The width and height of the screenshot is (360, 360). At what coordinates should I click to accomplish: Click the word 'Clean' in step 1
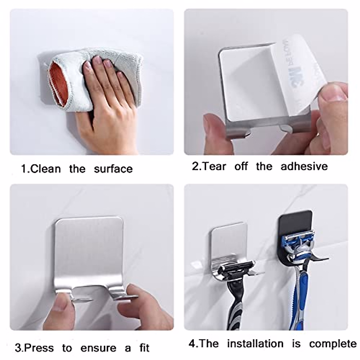[45, 169]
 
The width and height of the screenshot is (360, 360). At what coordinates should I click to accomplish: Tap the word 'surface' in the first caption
[113, 169]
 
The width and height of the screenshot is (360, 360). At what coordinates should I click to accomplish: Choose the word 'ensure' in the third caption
[98, 348]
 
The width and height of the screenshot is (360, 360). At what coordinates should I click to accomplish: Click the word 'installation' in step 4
[255, 343]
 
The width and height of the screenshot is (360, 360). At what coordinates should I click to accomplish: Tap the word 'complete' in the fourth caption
[333, 344]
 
